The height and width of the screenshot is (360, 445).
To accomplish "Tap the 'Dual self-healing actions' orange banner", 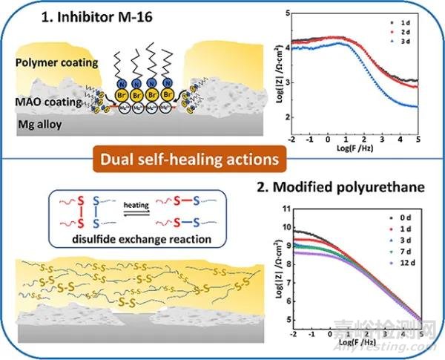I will point(222,159).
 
